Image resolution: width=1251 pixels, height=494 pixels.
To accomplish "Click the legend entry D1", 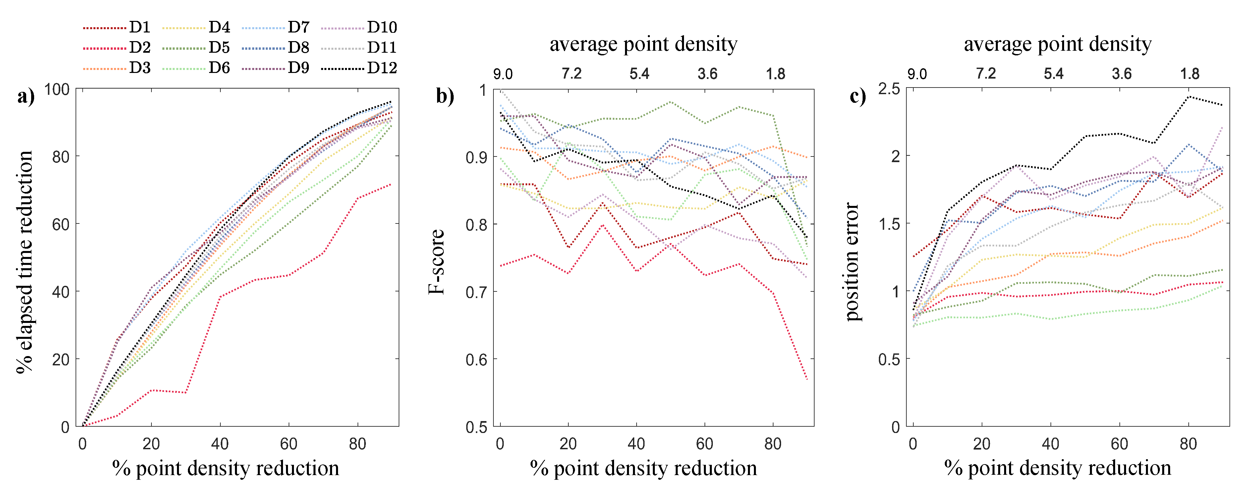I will tap(140, 27).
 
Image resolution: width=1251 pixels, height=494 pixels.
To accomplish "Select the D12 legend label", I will tap(382, 68).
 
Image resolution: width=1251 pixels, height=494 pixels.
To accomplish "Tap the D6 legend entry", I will tap(219, 68).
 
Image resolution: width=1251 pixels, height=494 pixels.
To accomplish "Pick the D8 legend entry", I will tap(298, 48).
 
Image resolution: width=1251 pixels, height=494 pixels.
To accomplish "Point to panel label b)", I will tap(444, 96).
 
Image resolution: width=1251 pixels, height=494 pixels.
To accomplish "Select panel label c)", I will tap(858, 96).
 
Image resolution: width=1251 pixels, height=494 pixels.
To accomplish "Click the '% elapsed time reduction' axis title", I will tap(24, 262).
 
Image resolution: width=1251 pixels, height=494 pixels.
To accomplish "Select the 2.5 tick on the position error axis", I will tap(889, 89).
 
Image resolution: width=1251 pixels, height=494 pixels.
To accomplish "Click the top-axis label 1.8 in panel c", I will tap(1189, 74).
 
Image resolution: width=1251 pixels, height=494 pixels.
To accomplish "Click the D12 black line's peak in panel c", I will tap(1188, 96).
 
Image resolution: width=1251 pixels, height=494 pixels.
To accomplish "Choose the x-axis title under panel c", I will tap(1057, 468).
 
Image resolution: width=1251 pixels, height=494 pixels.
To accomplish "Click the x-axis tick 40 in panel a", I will tap(220, 444).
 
